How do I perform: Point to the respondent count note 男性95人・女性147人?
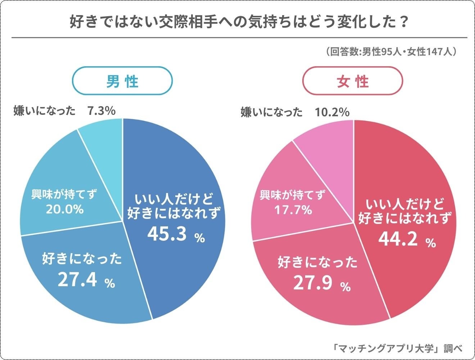pos(392,52)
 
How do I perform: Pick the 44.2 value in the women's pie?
pos(398,239)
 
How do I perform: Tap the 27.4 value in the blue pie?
pos(78,280)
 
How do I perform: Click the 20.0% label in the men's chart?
pos(65,209)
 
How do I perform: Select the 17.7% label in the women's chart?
pos(293,210)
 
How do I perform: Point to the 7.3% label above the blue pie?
pos(101,111)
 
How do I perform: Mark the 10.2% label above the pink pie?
pos(332,112)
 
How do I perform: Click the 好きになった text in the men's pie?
pos(82,259)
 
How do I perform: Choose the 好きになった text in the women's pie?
pos(318,262)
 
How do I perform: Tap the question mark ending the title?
pos(403,22)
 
